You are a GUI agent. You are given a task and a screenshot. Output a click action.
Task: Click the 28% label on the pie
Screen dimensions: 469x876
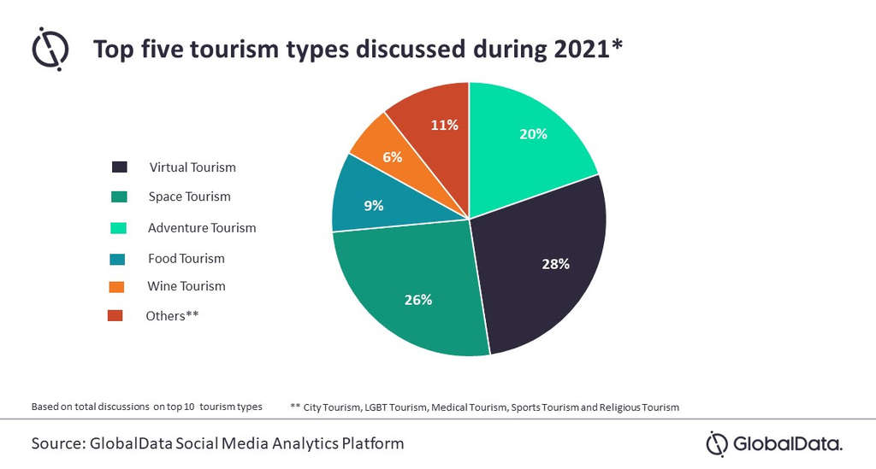555,264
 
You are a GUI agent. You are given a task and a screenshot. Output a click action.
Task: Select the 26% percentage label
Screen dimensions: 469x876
418,300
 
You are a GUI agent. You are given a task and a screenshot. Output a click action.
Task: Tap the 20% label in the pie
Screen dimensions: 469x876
533,134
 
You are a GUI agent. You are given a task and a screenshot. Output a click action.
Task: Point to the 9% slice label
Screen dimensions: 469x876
373,205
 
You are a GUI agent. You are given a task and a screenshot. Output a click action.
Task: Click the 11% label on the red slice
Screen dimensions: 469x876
445,125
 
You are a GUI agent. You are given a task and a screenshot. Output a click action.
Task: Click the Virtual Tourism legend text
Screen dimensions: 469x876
192,167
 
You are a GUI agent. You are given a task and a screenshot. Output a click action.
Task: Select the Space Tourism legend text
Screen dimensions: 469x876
189,196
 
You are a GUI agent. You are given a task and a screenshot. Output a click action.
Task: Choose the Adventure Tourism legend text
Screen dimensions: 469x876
202,228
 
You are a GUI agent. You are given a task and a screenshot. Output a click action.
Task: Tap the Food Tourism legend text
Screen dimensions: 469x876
186,258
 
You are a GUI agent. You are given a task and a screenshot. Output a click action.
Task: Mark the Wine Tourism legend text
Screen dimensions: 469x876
186,286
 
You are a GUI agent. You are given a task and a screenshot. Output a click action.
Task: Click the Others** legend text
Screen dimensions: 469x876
173,316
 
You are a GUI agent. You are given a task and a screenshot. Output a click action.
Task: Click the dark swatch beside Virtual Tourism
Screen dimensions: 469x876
119,167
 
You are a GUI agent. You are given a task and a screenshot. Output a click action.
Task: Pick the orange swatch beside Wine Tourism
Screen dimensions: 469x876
116,286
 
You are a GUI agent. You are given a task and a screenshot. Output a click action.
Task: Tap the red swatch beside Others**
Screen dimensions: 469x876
115,316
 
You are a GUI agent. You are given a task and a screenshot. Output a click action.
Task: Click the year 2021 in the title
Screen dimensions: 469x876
579,50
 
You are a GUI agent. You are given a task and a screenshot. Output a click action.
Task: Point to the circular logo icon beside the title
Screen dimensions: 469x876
50,48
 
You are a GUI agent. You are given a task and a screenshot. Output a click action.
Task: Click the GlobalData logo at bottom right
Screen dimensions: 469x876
773,444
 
